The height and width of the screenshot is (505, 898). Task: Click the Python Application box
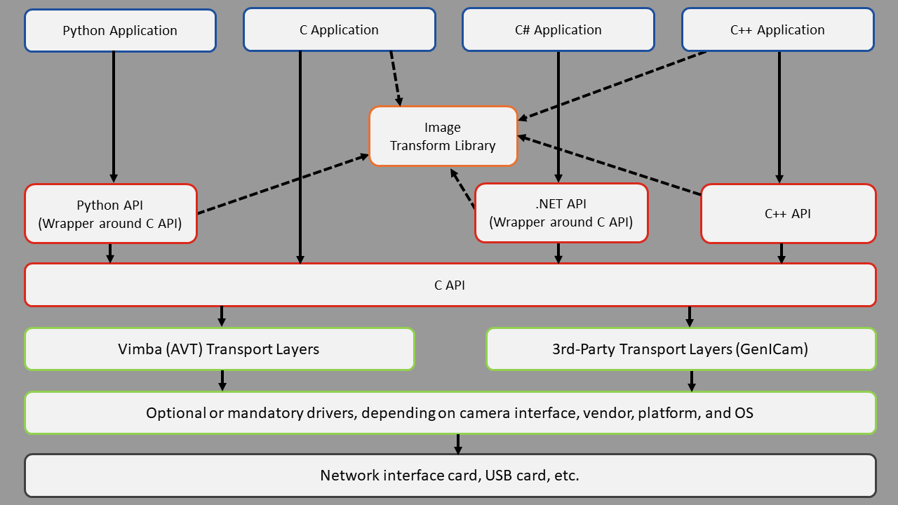pos(120,31)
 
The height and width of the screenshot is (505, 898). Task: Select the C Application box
pos(339,30)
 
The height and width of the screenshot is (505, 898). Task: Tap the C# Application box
pos(558,30)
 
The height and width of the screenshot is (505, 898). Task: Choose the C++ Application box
pos(777,30)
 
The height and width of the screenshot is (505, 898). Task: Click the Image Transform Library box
pos(443,136)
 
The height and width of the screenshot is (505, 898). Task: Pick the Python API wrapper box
pos(111,214)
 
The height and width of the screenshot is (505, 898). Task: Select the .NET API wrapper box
pos(561,213)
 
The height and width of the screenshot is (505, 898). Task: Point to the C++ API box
pos(788,214)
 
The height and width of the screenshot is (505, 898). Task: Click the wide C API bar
pos(450,285)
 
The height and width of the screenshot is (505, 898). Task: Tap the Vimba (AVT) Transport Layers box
pos(219,349)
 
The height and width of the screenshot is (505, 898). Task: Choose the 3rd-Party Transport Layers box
pos(681,349)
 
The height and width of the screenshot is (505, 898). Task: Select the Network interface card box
pos(450,476)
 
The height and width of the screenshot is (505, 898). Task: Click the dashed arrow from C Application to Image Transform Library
pos(396,78)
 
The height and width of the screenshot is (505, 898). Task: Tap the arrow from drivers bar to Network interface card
pos(458,444)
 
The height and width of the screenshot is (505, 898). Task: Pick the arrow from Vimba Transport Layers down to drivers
pos(222,380)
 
